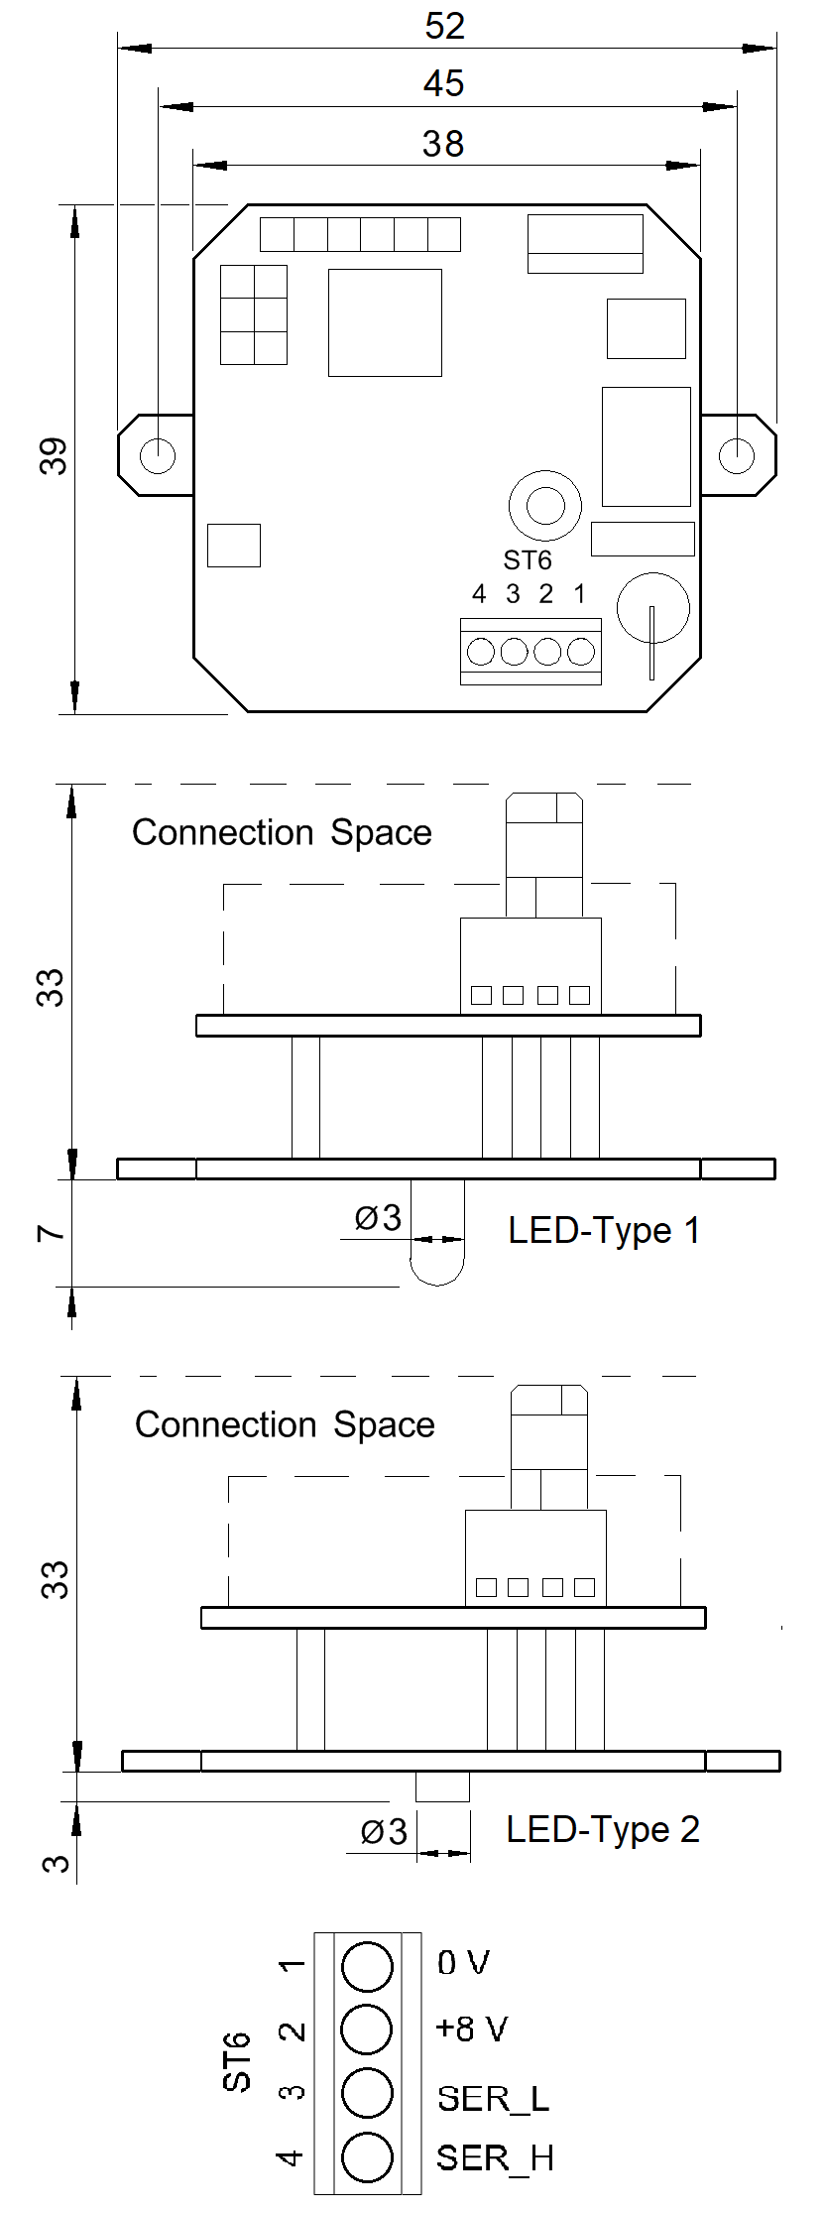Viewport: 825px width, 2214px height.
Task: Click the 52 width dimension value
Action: (444, 27)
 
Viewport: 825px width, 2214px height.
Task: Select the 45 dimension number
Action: (443, 84)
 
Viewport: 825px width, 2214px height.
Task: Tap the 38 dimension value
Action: (442, 145)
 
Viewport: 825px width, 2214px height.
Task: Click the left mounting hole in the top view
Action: (158, 456)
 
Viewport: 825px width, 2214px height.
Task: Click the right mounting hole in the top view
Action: (737, 456)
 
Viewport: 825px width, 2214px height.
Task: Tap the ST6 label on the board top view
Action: (527, 561)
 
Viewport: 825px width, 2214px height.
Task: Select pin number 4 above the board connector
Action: (479, 595)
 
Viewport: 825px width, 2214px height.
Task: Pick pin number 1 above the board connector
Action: (579, 595)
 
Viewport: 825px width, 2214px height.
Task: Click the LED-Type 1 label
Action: (604, 1231)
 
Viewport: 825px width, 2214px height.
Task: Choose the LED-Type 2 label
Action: (603, 1829)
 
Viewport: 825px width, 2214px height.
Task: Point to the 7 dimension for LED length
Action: (52, 1233)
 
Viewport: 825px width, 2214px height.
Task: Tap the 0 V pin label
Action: (463, 1962)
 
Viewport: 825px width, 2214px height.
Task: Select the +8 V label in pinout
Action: (471, 2029)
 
